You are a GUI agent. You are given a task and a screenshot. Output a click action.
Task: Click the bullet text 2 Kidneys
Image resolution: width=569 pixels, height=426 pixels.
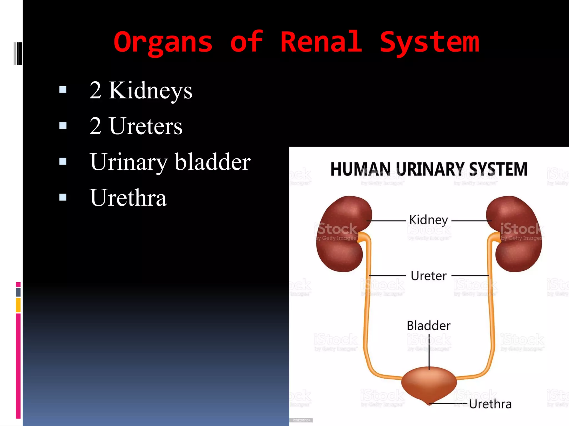point(141,90)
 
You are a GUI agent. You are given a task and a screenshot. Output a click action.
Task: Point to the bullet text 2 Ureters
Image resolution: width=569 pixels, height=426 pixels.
point(136,126)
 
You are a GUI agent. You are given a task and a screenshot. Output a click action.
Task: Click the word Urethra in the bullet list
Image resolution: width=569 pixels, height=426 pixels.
point(128,198)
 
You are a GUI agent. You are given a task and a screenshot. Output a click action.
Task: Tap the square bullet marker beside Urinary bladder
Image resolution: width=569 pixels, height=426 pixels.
point(63,161)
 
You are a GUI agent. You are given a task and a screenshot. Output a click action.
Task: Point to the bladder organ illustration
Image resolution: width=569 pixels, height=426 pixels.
point(429,384)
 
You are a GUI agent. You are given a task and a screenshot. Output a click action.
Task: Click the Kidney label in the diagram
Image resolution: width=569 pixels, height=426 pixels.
point(429,220)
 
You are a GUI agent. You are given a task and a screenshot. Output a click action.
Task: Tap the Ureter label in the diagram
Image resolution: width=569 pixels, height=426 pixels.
point(429,276)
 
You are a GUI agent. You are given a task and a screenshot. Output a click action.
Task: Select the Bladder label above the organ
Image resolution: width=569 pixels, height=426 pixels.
point(429,326)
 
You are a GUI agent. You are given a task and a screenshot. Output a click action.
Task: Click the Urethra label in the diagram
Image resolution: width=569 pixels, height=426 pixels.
point(490,404)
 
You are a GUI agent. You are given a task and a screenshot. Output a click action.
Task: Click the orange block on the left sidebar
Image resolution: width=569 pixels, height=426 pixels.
point(18,305)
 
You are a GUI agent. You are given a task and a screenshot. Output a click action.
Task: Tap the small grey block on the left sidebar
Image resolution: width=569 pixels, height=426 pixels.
point(18,292)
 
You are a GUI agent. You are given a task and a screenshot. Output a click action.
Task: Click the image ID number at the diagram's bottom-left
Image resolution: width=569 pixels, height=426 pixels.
point(302,420)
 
